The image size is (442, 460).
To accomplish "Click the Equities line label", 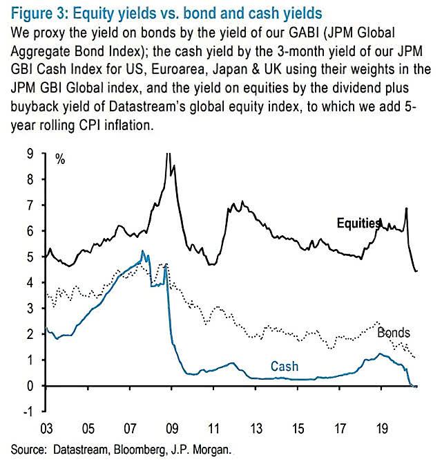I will click(x=358, y=223).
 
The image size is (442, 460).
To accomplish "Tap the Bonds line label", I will click(x=394, y=333).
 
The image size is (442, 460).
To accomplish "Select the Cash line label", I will click(x=285, y=367).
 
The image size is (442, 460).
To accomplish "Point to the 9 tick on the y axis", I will click(x=30, y=154).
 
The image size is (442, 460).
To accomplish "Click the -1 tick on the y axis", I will click(x=28, y=412).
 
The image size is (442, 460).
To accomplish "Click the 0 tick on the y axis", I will click(x=30, y=386).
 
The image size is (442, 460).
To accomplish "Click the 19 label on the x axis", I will click(x=381, y=427).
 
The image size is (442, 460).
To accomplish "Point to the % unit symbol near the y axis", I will click(x=61, y=160).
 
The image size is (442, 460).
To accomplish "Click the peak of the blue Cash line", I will click(x=142, y=252).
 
